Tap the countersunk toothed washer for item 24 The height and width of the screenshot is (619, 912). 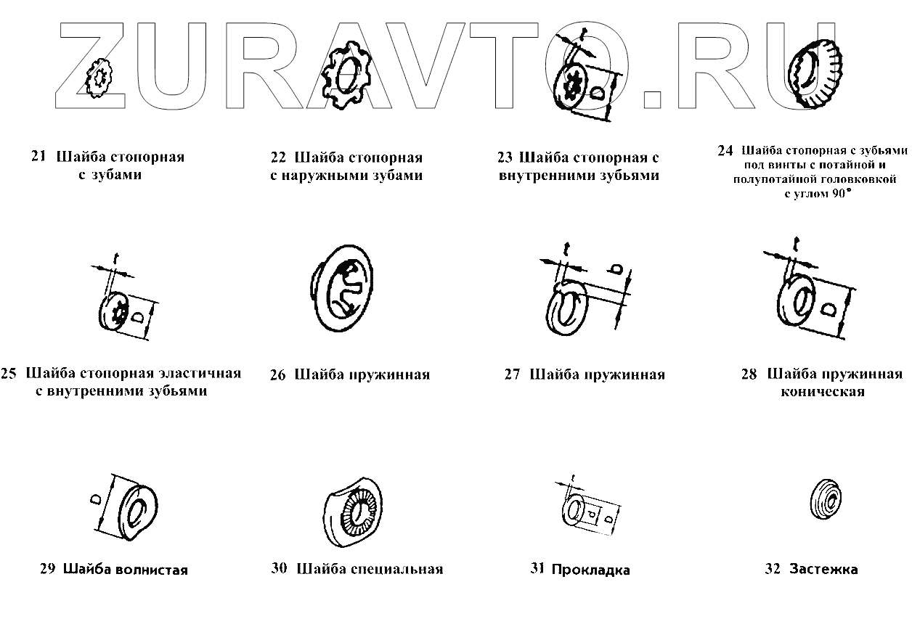coord(813,73)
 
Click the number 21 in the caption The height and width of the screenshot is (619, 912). coord(38,157)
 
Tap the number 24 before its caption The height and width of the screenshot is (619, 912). coord(725,152)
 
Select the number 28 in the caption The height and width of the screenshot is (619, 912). coord(749,374)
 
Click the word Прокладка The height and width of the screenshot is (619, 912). coord(590,570)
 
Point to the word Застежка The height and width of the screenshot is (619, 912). coord(823,570)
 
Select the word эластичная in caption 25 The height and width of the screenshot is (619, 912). coord(198,374)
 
